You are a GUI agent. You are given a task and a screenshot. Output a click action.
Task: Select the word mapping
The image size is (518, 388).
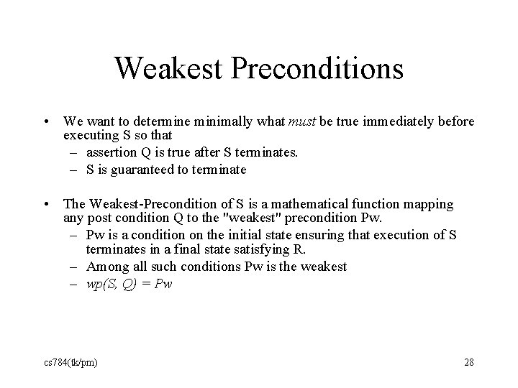[x=430, y=205]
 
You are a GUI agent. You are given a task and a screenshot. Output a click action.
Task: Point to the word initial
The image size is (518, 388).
[x=219, y=236]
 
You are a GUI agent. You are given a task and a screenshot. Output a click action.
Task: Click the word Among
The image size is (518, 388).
[x=106, y=267]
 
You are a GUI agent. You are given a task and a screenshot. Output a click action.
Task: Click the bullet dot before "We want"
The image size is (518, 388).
[x=45, y=122]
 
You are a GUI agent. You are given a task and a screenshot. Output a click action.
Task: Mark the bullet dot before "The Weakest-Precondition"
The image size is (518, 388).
[x=45, y=205]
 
